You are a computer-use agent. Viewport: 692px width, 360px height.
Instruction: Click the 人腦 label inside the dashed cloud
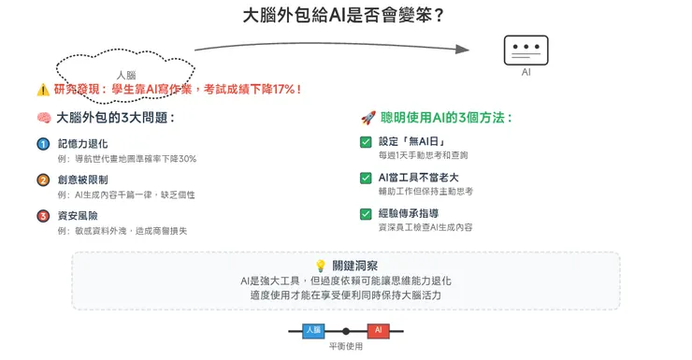(x=125, y=75)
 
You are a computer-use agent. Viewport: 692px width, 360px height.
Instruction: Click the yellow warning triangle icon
(x=42, y=90)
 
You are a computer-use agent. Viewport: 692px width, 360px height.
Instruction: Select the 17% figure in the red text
(x=281, y=90)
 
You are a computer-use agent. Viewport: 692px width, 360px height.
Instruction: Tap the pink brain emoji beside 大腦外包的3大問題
(x=42, y=119)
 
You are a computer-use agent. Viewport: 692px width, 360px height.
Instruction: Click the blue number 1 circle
(x=43, y=144)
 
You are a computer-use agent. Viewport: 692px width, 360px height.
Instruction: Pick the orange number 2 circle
(x=43, y=180)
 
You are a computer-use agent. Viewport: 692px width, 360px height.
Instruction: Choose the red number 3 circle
(x=43, y=216)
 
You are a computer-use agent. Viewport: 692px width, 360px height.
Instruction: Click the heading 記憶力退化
(x=83, y=144)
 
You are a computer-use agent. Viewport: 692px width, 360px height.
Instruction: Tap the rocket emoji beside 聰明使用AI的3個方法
(x=367, y=119)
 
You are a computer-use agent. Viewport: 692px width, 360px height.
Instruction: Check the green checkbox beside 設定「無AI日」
(x=366, y=142)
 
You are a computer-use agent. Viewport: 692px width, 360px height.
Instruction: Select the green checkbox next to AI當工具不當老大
(x=366, y=178)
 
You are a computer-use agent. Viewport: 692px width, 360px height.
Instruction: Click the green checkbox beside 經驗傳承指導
(x=366, y=214)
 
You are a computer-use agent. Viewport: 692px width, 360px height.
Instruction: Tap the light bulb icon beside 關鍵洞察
(x=320, y=266)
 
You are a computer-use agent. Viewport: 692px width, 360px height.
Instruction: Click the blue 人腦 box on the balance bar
(x=313, y=330)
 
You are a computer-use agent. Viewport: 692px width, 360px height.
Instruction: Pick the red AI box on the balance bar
(x=379, y=330)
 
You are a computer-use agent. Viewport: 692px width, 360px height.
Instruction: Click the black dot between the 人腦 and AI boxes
(x=346, y=331)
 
